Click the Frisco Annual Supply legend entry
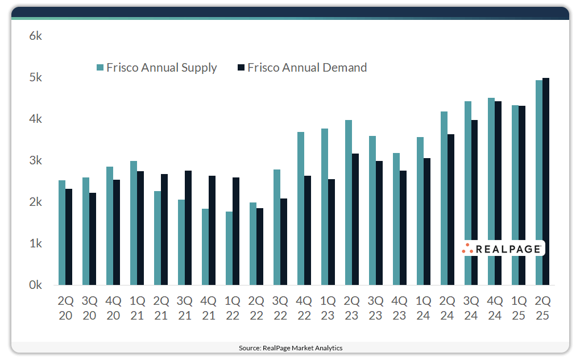click(157, 68)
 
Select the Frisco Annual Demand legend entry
click(302, 68)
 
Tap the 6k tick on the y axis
click(35, 36)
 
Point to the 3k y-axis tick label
click(35, 161)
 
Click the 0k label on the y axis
click(35, 285)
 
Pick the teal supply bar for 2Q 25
click(539, 183)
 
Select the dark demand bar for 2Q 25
click(546, 181)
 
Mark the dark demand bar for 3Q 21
click(188, 227)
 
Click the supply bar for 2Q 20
click(62, 233)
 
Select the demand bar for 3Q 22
click(284, 242)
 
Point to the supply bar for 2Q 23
click(349, 202)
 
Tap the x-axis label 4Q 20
click(113, 308)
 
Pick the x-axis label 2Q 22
click(256, 308)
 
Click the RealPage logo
click(503, 249)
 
